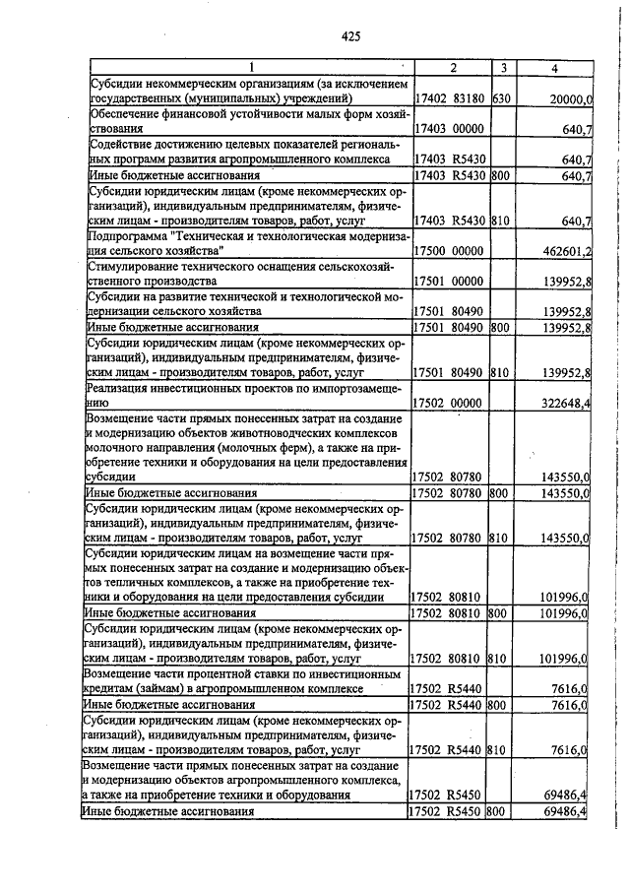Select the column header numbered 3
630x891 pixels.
click(503, 68)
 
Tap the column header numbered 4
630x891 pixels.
click(555, 68)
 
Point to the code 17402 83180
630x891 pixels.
click(448, 99)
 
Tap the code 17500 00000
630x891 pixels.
click(448, 251)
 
